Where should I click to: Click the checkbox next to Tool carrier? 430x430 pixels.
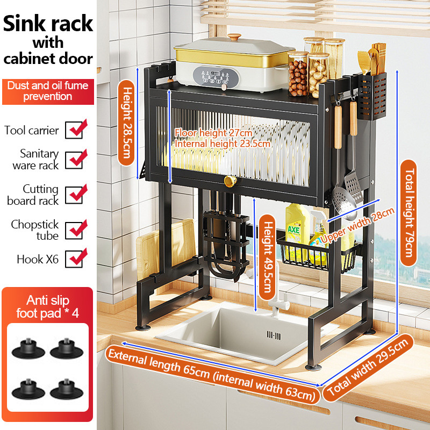point(74,130)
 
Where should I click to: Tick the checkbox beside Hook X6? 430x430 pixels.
point(74,259)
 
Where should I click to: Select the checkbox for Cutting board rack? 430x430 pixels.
point(74,195)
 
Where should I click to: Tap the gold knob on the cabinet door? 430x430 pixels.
point(230,181)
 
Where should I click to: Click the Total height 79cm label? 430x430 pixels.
point(408,213)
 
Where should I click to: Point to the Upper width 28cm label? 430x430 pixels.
point(357,226)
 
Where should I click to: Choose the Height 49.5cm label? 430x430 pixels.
point(267,257)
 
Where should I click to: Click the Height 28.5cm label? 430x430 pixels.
point(126,123)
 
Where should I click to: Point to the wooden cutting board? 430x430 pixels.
point(165,248)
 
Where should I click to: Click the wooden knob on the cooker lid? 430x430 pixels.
point(234,37)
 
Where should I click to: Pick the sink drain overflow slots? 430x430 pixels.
point(274,335)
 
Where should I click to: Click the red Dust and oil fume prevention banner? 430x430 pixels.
point(48,91)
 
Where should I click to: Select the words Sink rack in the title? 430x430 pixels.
point(48,24)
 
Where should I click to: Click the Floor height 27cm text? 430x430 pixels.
point(213,133)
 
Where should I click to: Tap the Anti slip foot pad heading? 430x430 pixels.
point(47,307)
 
